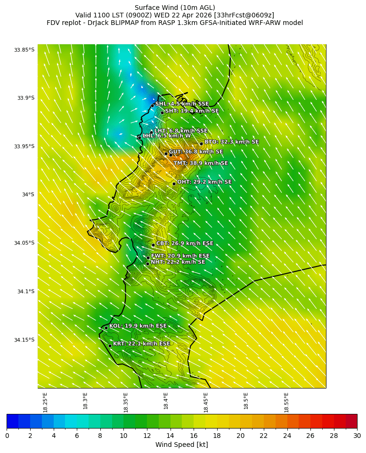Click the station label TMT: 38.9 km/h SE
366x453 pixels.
(x=200, y=163)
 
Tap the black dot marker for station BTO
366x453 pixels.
(x=201, y=144)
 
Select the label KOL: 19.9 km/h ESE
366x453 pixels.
(x=138, y=326)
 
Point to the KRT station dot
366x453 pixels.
(x=110, y=346)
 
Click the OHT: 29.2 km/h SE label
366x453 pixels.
(x=204, y=182)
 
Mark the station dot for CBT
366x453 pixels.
(x=153, y=245)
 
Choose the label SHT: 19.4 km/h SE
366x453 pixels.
(x=192, y=111)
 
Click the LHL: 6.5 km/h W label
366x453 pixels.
(x=167, y=136)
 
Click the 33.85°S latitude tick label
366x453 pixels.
(x=24, y=50)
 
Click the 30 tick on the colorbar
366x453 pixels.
(x=357, y=436)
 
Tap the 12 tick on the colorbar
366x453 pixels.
(x=147, y=436)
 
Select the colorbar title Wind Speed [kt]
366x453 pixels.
(x=182, y=445)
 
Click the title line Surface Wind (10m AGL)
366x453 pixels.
(x=175, y=8)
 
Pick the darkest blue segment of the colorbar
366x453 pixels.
(x=13, y=421)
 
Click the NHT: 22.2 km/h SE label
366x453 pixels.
(x=178, y=262)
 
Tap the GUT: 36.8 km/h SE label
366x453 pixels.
(x=195, y=152)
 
